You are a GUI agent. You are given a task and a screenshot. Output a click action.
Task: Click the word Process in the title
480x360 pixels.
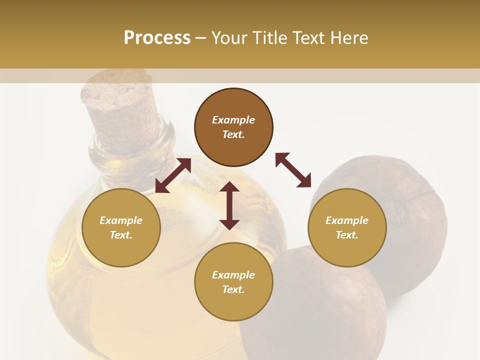click(157, 38)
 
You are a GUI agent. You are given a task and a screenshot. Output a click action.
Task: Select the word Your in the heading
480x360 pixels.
click(229, 38)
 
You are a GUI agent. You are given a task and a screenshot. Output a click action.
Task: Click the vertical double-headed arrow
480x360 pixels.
click(229, 205)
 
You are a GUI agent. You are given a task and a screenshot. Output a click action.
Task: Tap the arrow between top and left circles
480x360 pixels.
click(173, 175)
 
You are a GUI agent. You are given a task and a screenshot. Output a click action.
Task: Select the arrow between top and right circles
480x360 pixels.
click(293, 170)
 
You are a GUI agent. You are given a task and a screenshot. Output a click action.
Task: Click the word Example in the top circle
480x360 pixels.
click(233, 120)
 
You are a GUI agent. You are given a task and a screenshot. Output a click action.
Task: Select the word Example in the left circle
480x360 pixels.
click(121, 220)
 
